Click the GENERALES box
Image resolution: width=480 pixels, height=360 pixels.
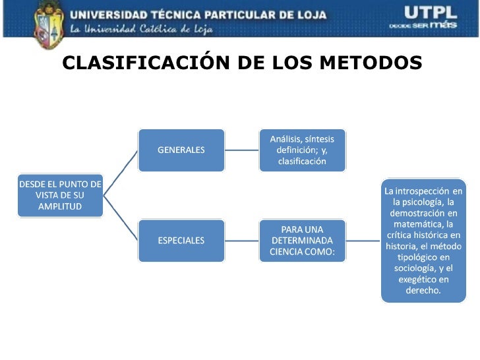[x=181, y=150]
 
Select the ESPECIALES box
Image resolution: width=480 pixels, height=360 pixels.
[x=181, y=240]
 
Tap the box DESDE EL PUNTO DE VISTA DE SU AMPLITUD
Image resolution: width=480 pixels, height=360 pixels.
[x=60, y=195]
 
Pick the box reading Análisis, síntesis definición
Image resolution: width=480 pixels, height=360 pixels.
[x=302, y=150]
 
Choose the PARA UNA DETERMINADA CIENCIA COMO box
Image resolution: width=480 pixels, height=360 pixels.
[x=302, y=240]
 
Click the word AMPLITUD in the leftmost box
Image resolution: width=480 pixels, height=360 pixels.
[x=60, y=206]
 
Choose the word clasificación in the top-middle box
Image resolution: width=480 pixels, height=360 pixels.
[x=302, y=162]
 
